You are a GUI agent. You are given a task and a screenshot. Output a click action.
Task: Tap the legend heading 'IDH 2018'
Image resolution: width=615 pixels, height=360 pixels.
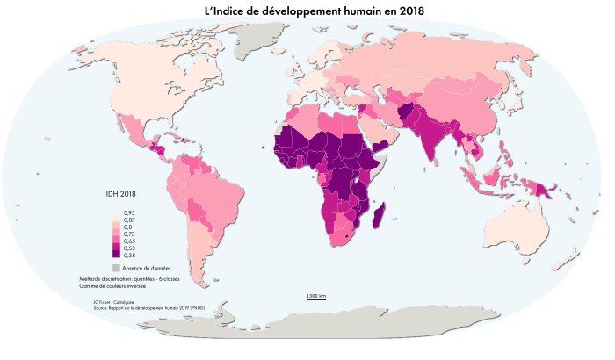(119, 194)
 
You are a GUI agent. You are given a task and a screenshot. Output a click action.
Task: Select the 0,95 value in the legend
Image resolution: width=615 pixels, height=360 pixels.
(128, 213)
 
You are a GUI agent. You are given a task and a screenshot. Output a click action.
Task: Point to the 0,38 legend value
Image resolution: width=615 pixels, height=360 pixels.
(128, 255)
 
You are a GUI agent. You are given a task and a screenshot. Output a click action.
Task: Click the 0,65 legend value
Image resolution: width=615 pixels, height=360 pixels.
(128, 241)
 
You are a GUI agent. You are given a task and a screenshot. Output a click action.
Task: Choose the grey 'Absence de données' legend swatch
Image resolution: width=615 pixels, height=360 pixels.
(116, 267)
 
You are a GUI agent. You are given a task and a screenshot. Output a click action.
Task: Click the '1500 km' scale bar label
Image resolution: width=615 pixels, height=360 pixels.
(316, 297)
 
